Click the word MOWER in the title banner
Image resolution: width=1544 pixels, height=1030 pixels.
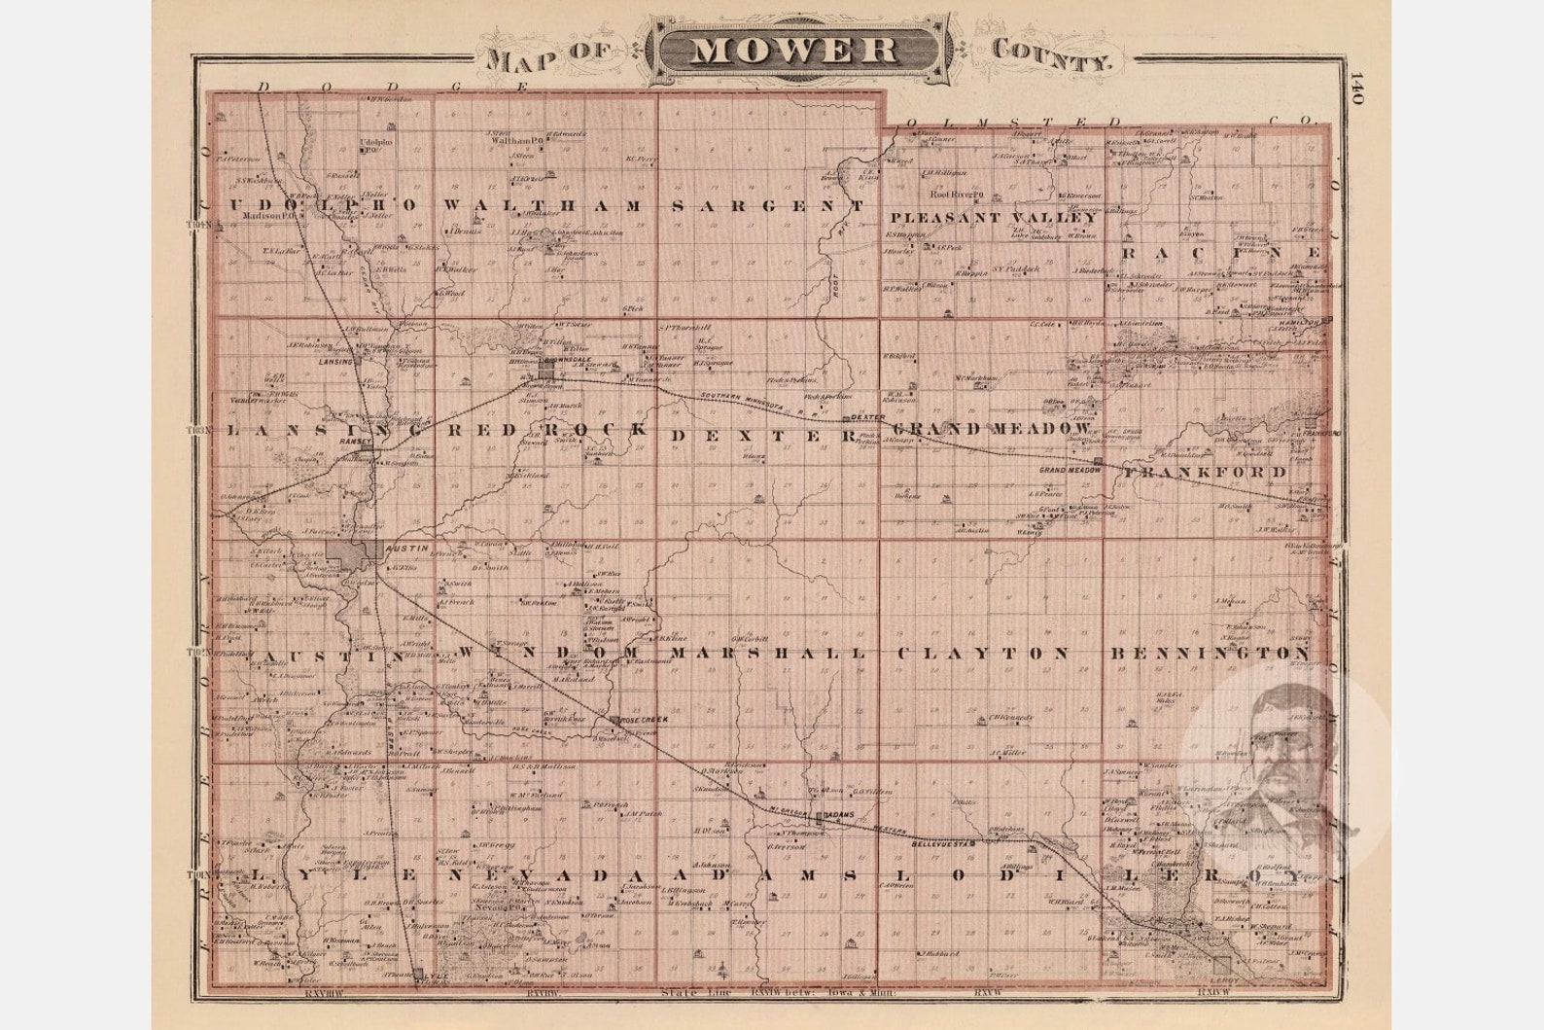click(793, 50)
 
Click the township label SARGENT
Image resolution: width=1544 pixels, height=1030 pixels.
click(768, 206)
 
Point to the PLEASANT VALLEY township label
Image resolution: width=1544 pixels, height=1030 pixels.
click(994, 218)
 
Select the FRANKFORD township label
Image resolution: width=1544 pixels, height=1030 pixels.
click(1206, 472)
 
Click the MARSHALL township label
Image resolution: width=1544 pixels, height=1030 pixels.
click(768, 653)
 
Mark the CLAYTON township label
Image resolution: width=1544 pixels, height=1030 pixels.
click(982, 653)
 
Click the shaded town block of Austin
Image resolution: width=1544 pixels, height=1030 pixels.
click(349, 551)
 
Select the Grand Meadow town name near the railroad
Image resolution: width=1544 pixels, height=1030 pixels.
click(1070, 470)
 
